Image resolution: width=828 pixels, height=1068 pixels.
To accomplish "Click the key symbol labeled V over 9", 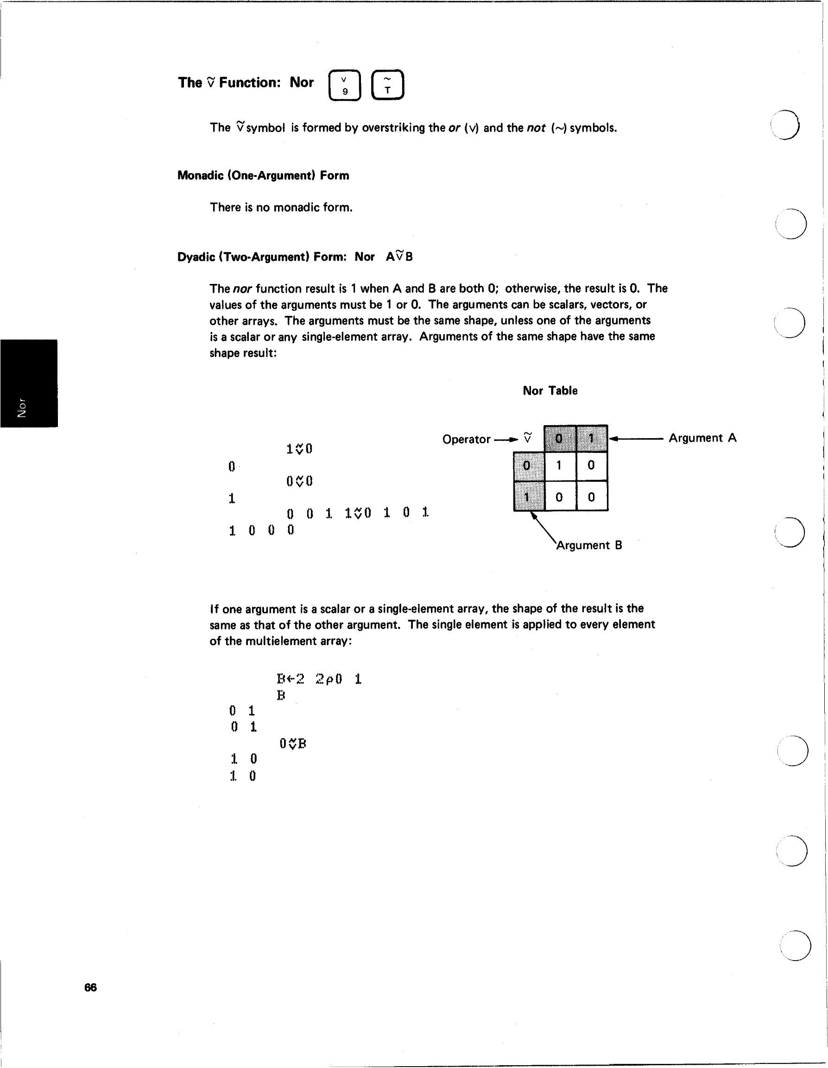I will [345, 86].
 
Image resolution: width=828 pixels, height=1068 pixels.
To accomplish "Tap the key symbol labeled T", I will [387, 85].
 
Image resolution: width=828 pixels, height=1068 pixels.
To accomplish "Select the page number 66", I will [90, 987].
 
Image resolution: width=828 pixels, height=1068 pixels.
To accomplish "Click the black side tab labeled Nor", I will [28, 383].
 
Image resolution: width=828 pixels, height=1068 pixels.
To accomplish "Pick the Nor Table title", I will [550, 391].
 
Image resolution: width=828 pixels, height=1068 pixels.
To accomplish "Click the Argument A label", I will [702, 438].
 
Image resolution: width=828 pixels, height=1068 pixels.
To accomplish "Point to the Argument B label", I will [589, 545].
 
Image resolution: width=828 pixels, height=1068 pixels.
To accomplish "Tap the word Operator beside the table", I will [466, 439].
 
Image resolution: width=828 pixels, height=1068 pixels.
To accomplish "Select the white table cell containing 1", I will [559, 465].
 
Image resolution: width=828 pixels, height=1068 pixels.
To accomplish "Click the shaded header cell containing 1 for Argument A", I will [591, 438].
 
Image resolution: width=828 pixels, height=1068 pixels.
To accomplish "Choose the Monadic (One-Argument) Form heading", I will [263, 176].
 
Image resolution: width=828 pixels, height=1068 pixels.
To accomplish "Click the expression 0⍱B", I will [293, 744].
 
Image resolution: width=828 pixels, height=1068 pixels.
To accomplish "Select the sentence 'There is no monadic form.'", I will [281, 207].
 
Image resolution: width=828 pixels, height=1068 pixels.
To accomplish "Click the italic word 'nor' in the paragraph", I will [242, 289].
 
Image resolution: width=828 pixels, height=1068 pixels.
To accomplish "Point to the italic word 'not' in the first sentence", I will [536, 128].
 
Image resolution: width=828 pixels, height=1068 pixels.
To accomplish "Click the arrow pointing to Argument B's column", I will [543, 526].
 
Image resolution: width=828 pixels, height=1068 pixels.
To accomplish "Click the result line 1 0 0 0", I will [261, 530].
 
